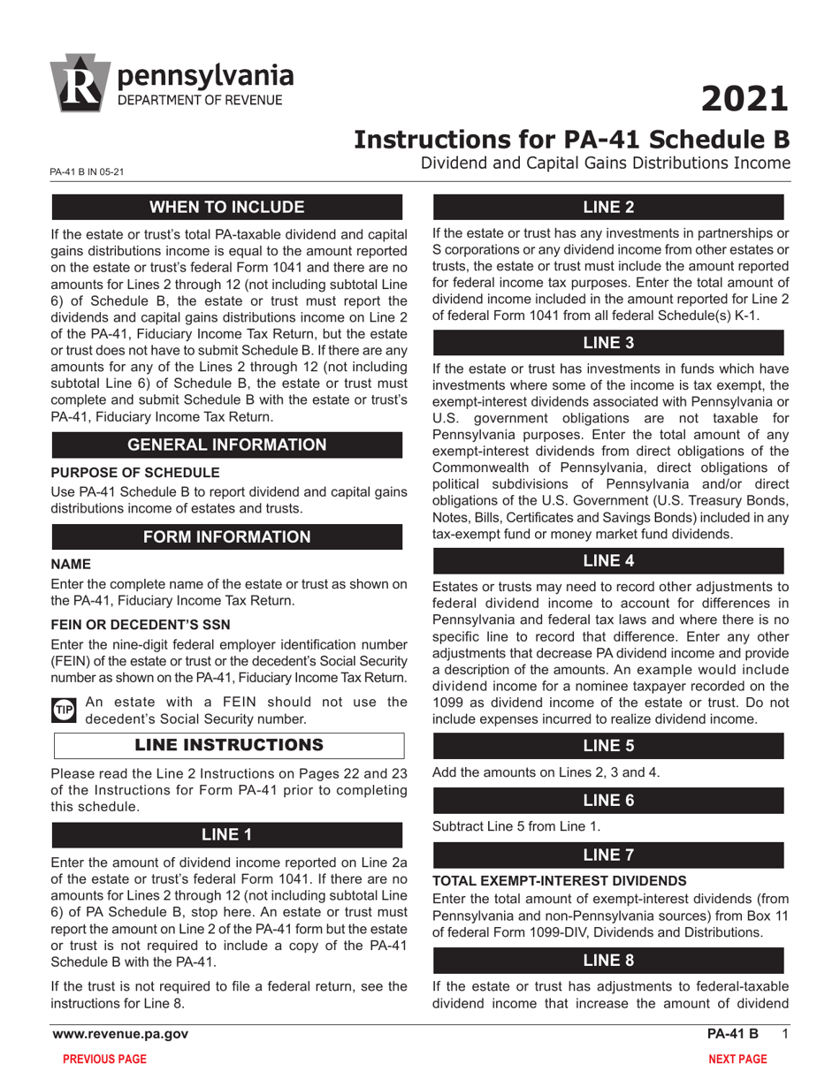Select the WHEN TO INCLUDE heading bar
click(x=227, y=208)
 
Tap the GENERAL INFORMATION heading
click(x=227, y=445)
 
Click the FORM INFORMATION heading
click(x=227, y=536)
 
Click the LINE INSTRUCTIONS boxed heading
click(x=229, y=745)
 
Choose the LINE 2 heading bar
click(x=607, y=208)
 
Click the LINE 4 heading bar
click(x=607, y=560)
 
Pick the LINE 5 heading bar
click(x=607, y=745)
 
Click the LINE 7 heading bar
click(x=607, y=855)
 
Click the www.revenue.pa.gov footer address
click(x=119, y=1034)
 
